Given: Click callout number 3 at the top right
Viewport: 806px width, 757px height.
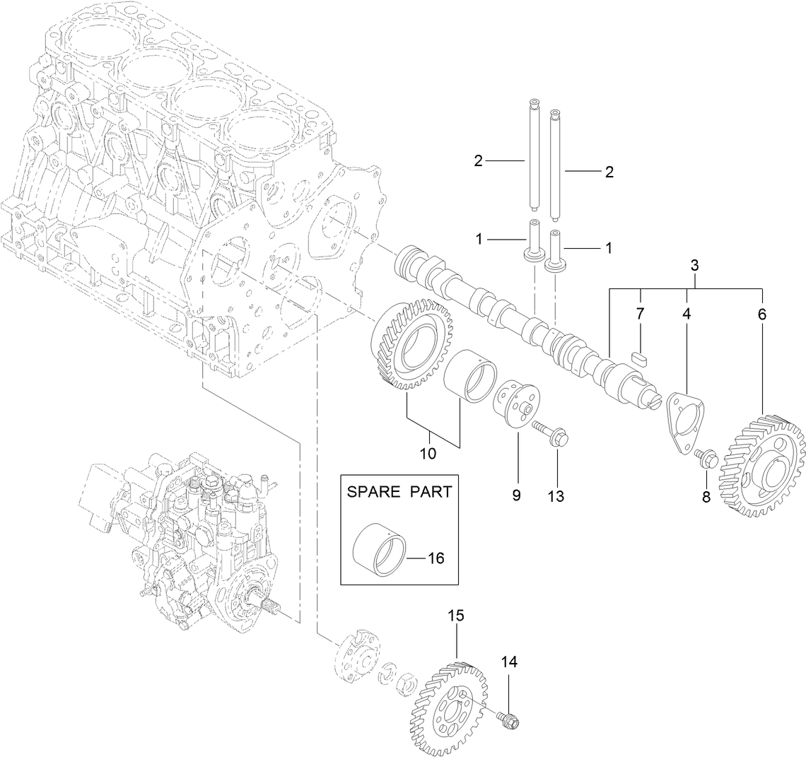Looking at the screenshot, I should (694, 266).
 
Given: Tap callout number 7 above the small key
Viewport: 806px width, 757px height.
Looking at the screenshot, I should (641, 313).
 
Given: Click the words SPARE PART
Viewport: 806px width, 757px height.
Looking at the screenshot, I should (398, 492).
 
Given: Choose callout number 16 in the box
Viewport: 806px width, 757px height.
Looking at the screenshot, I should (436, 558).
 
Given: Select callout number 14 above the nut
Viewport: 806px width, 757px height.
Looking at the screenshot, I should (509, 662).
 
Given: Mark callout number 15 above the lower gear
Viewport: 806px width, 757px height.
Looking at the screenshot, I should (455, 616).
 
